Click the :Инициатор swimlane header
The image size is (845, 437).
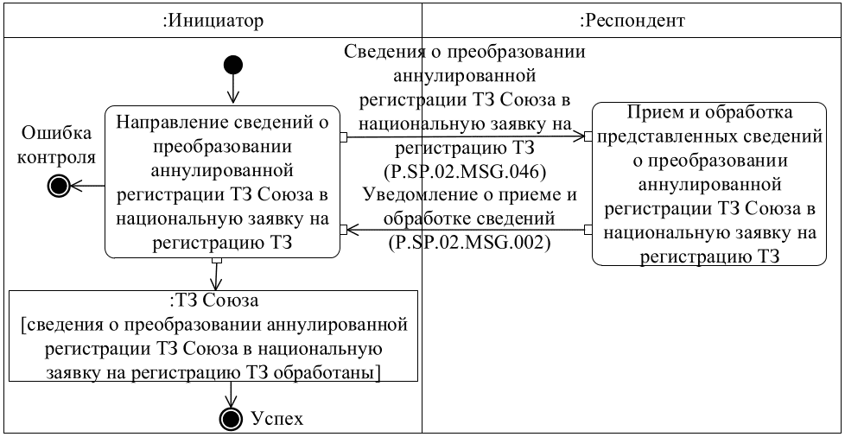tap(213, 19)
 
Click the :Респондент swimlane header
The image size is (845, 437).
tap(632, 19)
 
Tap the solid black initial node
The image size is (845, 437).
tap(232, 65)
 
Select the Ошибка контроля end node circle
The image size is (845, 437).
tap(57, 184)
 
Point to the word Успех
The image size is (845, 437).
tap(276, 419)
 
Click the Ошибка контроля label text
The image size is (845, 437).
tap(57, 146)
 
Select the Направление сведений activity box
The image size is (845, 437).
tap(222, 182)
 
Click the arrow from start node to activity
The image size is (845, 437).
tap(232, 90)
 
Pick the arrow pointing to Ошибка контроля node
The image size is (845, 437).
tap(86, 184)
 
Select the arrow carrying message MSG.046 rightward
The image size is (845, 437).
tap(466, 136)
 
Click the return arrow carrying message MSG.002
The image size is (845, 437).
tap(466, 230)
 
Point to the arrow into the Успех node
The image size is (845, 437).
tap(232, 394)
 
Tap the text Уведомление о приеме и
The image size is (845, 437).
tap(469, 194)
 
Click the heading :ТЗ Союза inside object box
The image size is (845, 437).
tap(213, 301)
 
